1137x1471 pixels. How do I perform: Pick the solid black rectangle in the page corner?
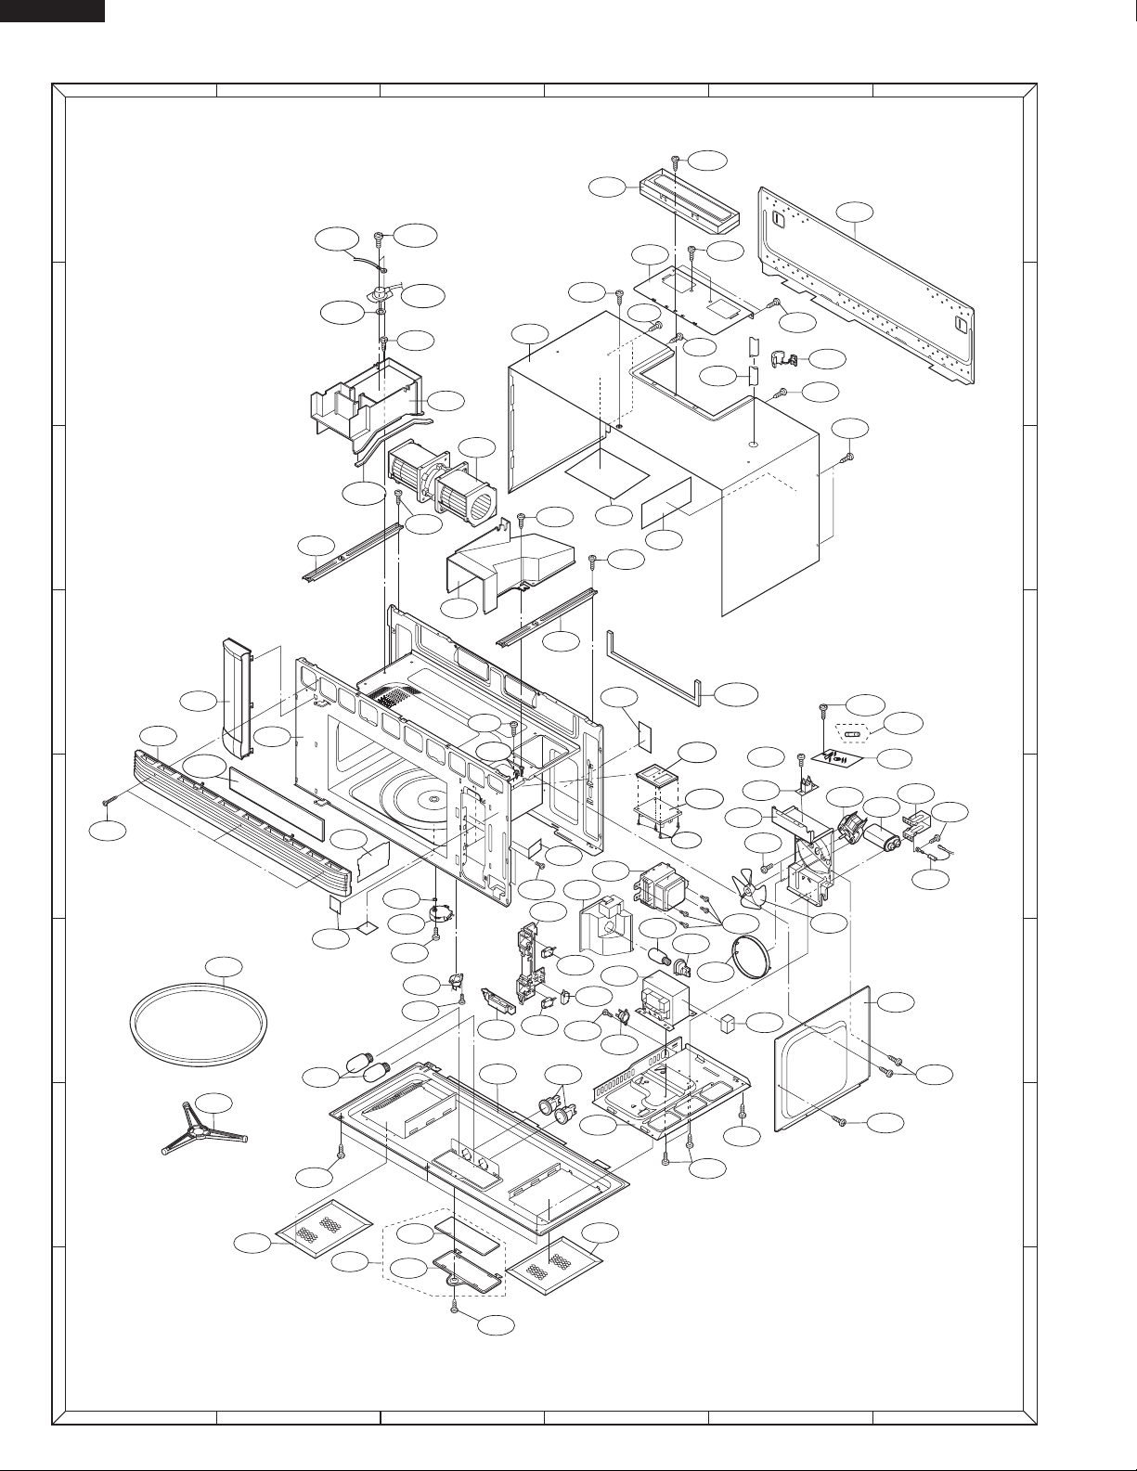point(52,10)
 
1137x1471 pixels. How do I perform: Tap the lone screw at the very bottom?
point(455,1307)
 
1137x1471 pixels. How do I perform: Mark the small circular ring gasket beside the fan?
point(752,957)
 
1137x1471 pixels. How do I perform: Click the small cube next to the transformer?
point(729,1022)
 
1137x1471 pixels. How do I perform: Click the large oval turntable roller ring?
point(197,1025)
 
